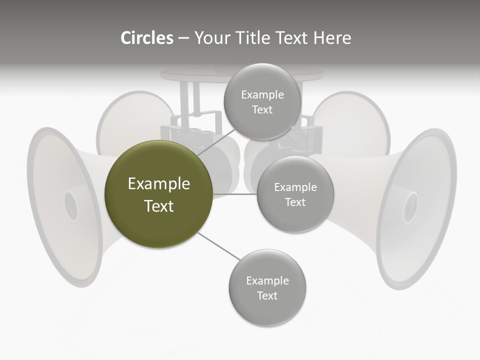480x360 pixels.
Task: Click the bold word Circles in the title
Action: click(146, 38)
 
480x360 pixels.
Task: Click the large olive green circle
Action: click(159, 194)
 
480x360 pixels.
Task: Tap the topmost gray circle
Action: click(262, 101)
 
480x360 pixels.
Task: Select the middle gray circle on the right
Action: click(295, 194)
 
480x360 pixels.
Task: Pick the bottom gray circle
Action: click(267, 287)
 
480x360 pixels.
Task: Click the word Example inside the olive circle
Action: click(159, 183)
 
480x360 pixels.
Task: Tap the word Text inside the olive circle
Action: click(159, 206)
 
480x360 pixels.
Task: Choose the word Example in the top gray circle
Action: click(262, 94)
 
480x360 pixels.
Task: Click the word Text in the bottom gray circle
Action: click(267, 295)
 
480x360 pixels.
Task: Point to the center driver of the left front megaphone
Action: click(70, 205)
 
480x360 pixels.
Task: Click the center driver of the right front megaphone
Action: click(410, 207)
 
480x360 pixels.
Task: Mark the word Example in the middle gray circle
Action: click(295, 187)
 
